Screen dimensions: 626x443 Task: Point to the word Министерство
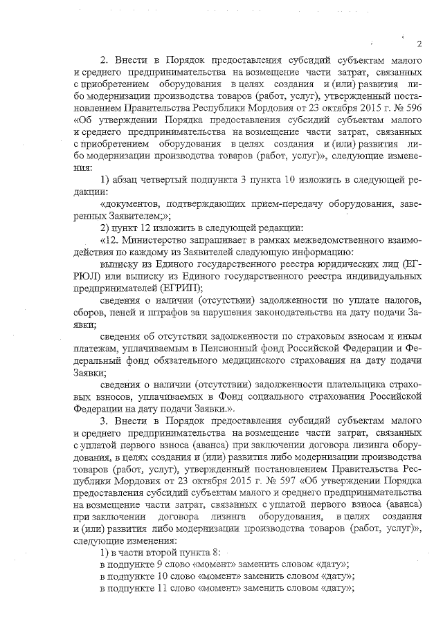(153, 240)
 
